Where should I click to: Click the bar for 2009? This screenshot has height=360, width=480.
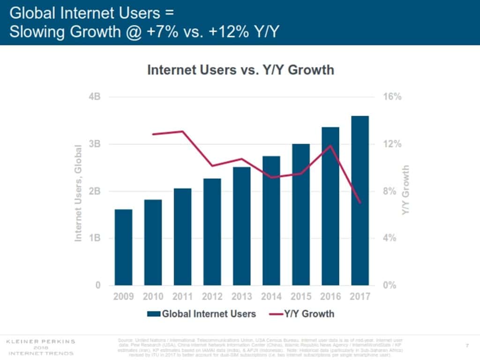123,247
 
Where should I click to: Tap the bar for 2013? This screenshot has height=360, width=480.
241,226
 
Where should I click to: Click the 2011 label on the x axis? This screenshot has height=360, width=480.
182,297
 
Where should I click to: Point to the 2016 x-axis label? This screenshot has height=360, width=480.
330,297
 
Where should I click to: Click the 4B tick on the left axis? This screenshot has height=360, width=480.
95,97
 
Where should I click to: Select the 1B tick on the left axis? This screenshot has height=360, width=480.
95,238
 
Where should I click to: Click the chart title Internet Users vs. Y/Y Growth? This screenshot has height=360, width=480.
240,70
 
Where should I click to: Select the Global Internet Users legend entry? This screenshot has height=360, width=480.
202,314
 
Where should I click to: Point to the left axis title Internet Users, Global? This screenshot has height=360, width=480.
78,193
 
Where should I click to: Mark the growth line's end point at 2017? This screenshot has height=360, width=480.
360,202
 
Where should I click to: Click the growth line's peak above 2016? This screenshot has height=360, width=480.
330,145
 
